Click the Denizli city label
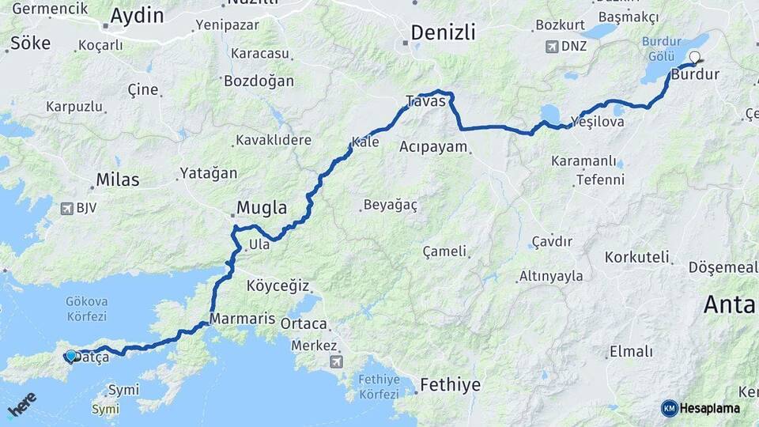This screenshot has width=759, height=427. tap(443, 33)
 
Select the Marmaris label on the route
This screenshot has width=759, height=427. tap(243, 319)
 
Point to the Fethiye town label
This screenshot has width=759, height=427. tap(450, 385)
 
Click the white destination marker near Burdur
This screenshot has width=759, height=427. tap(695, 57)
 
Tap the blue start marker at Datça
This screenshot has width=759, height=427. tap(71, 356)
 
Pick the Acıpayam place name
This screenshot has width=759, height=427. tap(433, 146)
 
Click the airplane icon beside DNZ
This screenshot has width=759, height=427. tap(551, 46)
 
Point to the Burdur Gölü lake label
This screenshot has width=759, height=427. tap(661, 49)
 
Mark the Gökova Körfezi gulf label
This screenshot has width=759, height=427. tap(87, 308)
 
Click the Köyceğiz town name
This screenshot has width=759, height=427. tap(278, 285)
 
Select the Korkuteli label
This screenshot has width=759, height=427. tap(637, 257)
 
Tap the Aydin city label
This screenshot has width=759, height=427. tap(137, 16)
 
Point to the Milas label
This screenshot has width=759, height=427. tap(117, 179)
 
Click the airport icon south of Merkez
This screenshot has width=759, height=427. tap(338, 362)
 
